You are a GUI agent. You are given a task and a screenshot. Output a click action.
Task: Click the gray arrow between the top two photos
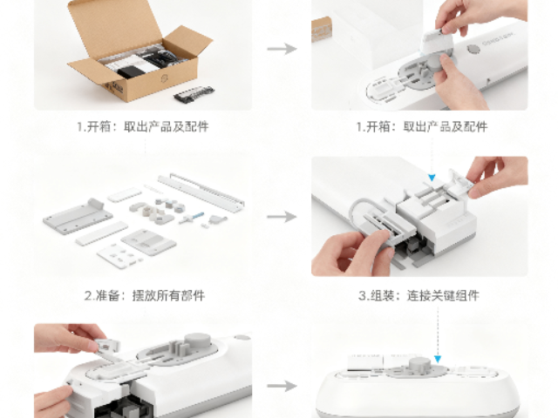[x=281, y=48]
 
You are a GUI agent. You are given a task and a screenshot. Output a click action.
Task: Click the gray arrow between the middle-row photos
[x=281, y=216]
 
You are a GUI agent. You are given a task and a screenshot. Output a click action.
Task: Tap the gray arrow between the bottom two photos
[x=281, y=384]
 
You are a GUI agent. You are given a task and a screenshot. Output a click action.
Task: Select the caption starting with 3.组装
[x=418, y=296]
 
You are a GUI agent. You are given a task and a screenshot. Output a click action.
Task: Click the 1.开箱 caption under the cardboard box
[x=142, y=127]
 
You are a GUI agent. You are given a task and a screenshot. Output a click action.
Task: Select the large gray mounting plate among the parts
[x=74, y=213]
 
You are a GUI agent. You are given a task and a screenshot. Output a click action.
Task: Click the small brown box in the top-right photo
[x=321, y=30]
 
